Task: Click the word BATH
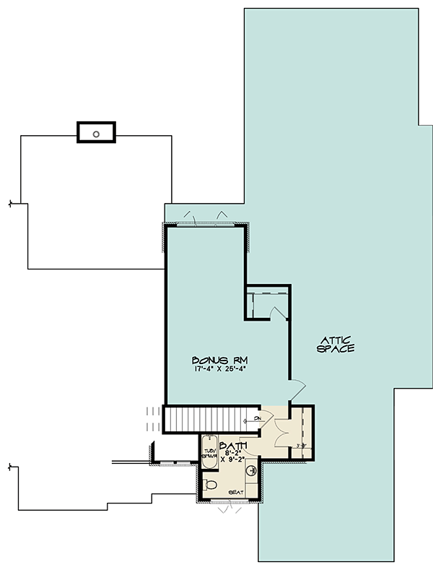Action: [233, 446]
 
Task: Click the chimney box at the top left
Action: [97, 133]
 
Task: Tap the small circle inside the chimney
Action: [97, 134]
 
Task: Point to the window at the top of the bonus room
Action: [206, 223]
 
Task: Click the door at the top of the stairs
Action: [264, 415]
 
